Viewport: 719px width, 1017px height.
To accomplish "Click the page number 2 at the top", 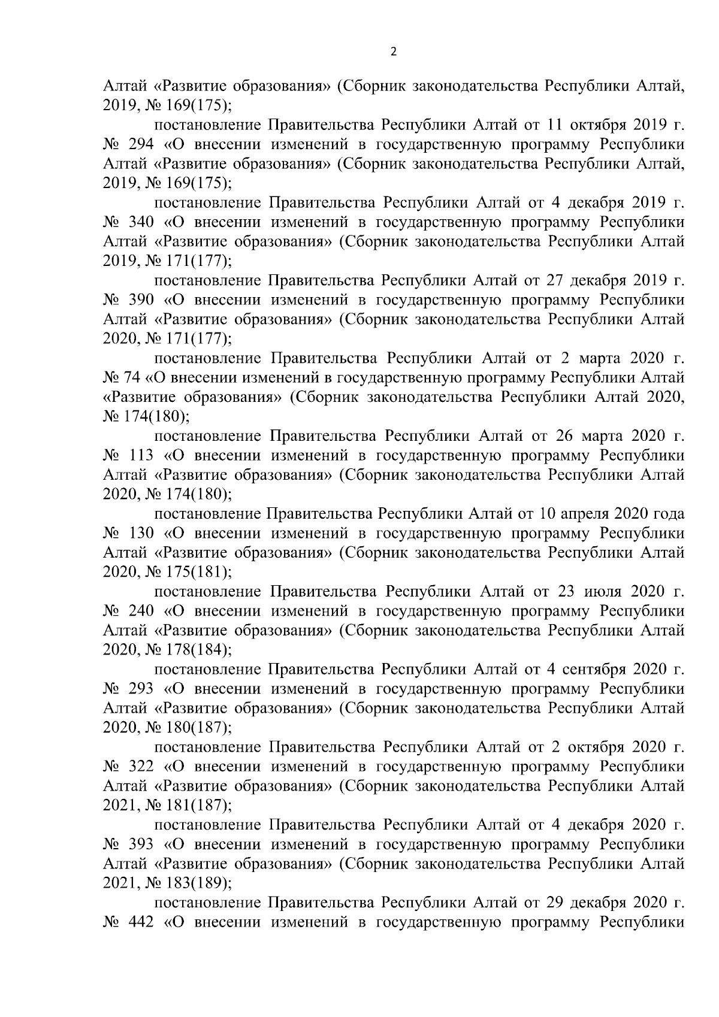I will tap(393, 52).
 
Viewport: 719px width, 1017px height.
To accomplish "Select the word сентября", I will tap(590, 669).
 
